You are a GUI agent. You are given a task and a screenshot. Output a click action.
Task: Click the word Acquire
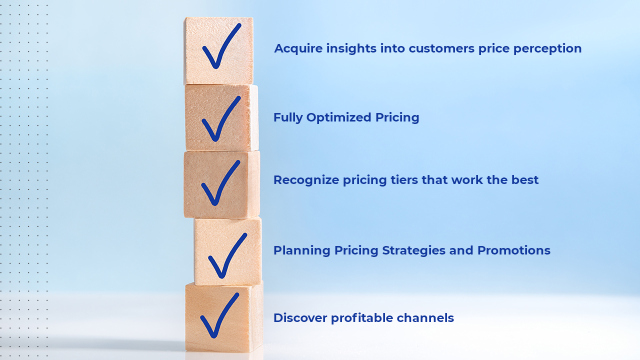tap(298, 49)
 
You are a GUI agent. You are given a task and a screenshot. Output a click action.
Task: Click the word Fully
tap(288, 117)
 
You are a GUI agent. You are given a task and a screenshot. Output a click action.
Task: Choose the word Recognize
tap(306, 180)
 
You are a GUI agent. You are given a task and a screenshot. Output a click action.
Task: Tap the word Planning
tap(302, 250)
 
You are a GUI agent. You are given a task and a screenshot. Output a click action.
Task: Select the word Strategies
tap(413, 250)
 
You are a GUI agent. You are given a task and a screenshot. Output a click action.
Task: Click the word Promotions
tap(513, 250)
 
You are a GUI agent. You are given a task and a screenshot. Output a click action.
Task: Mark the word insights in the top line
tap(351, 49)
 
